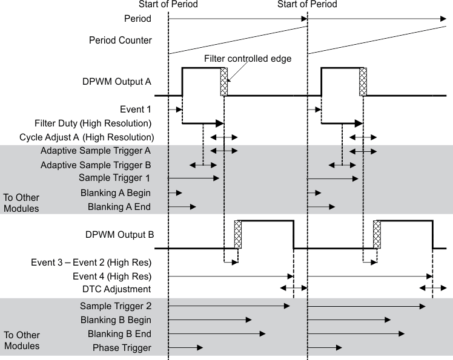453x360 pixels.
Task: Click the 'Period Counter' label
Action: click(x=121, y=41)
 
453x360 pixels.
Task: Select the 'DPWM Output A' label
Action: click(x=117, y=80)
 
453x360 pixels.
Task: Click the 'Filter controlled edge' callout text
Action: click(x=248, y=59)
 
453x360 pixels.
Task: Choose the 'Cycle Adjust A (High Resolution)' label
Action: click(x=87, y=137)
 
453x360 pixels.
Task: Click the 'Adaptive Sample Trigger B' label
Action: click(x=96, y=165)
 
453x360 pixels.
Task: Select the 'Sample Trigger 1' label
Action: click(x=114, y=178)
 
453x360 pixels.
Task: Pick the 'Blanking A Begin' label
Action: click(x=115, y=192)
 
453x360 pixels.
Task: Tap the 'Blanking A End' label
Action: click(x=119, y=206)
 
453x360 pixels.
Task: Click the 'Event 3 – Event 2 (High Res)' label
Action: click(x=91, y=263)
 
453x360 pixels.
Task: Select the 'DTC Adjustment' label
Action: click(x=117, y=289)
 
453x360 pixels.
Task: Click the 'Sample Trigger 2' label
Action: click(x=115, y=306)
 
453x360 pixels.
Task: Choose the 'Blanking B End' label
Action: click(x=119, y=333)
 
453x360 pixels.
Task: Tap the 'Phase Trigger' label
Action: click(x=122, y=347)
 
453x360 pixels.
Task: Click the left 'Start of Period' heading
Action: click(x=168, y=4)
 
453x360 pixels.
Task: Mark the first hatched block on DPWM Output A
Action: click(x=223, y=82)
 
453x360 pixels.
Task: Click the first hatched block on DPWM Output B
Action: click(x=237, y=235)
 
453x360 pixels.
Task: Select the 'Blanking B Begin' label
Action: click(x=115, y=319)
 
